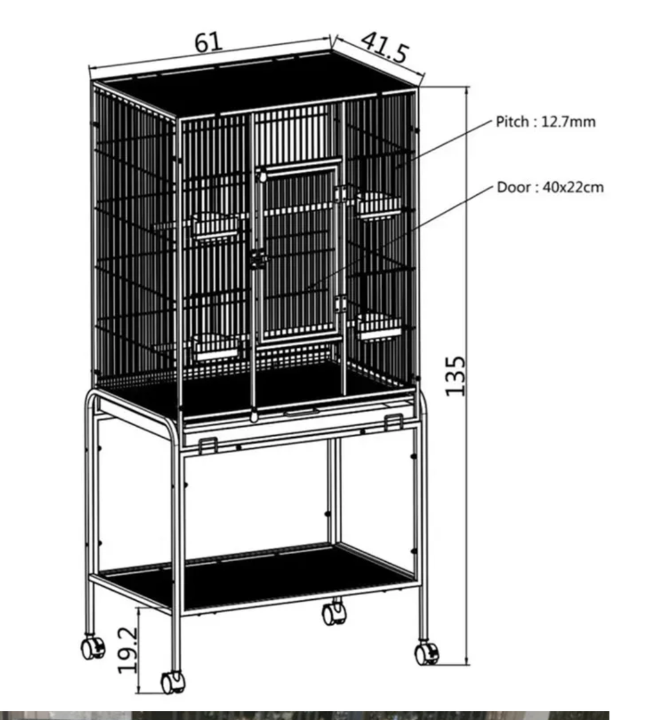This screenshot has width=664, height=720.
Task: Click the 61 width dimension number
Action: coord(208,42)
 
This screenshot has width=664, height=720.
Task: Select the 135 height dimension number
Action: coord(456,375)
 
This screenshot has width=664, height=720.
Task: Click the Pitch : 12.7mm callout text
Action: coord(546,122)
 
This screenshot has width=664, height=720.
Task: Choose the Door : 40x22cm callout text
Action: coord(550,187)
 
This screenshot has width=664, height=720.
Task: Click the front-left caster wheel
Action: coord(173,683)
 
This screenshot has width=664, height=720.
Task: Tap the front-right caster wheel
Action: coord(427,653)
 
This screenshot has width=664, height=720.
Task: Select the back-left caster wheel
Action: coord(93,647)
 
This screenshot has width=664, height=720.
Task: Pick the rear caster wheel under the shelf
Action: coord(334,613)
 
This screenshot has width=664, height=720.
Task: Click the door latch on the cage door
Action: coord(259,260)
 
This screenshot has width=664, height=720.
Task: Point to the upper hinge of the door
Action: coord(340,194)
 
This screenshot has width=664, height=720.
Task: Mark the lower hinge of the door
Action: coord(340,304)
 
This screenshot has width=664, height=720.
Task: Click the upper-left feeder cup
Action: coord(216,227)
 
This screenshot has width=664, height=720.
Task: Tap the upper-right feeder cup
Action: coord(378,206)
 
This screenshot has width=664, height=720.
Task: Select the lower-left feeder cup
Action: coord(216,348)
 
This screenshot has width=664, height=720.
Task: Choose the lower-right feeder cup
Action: coord(379,327)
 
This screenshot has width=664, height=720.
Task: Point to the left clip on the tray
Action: coord(208,446)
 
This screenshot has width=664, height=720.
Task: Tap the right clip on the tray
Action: coord(394,422)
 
